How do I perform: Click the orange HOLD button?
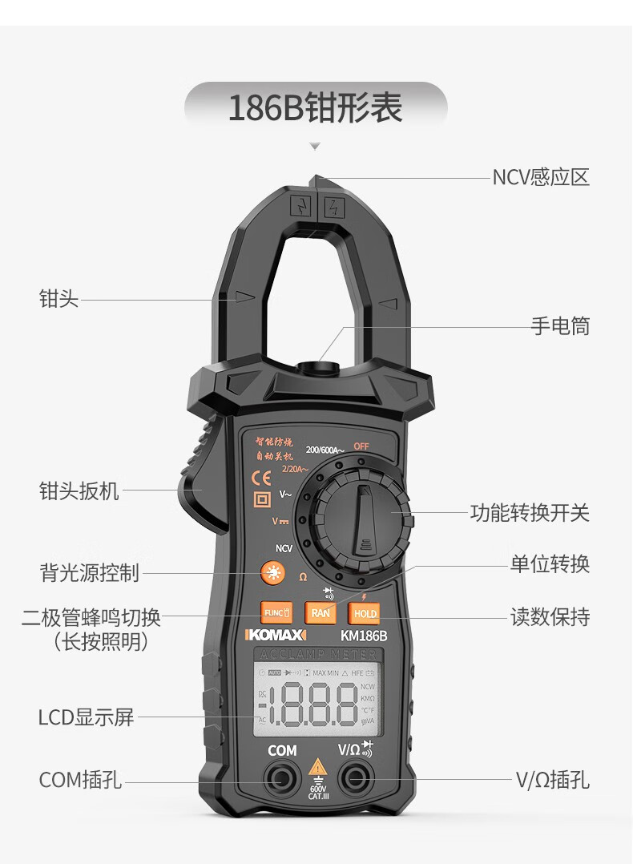click(x=365, y=614)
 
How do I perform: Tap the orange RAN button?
click(x=321, y=613)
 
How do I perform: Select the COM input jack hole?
click(x=282, y=777)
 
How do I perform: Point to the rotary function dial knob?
click(x=363, y=520)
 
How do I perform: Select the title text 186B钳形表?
click(x=316, y=109)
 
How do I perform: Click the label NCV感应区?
click(x=541, y=177)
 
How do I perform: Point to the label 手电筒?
click(x=560, y=326)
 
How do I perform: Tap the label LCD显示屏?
click(x=87, y=717)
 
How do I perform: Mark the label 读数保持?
click(x=550, y=617)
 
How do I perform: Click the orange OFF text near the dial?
click(x=361, y=447)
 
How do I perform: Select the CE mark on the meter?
click(x=261, y=478)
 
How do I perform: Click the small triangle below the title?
click(x=315, y=147)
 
